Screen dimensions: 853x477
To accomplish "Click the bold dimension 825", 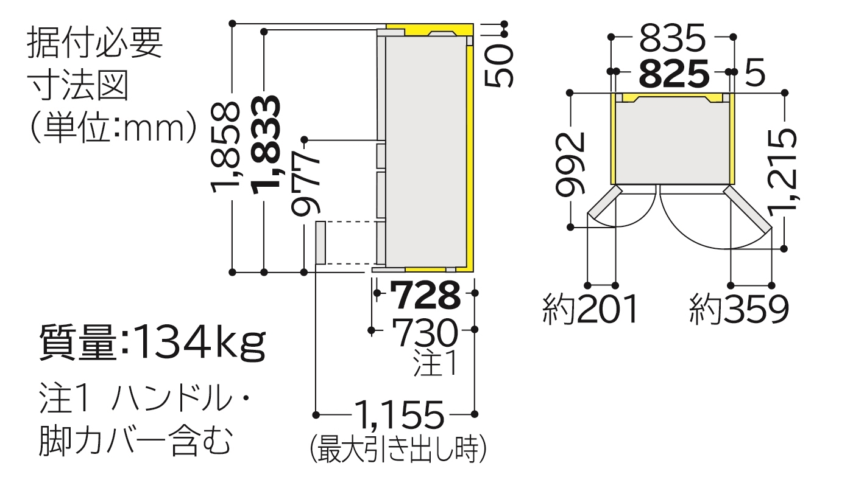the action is (674, 73).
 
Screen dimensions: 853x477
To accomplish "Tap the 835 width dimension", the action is (672, 38).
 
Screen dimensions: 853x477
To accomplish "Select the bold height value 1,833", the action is (267, 145).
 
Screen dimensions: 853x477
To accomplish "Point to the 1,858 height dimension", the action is (225, 147).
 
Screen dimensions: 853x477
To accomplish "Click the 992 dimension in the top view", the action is (570, 164).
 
